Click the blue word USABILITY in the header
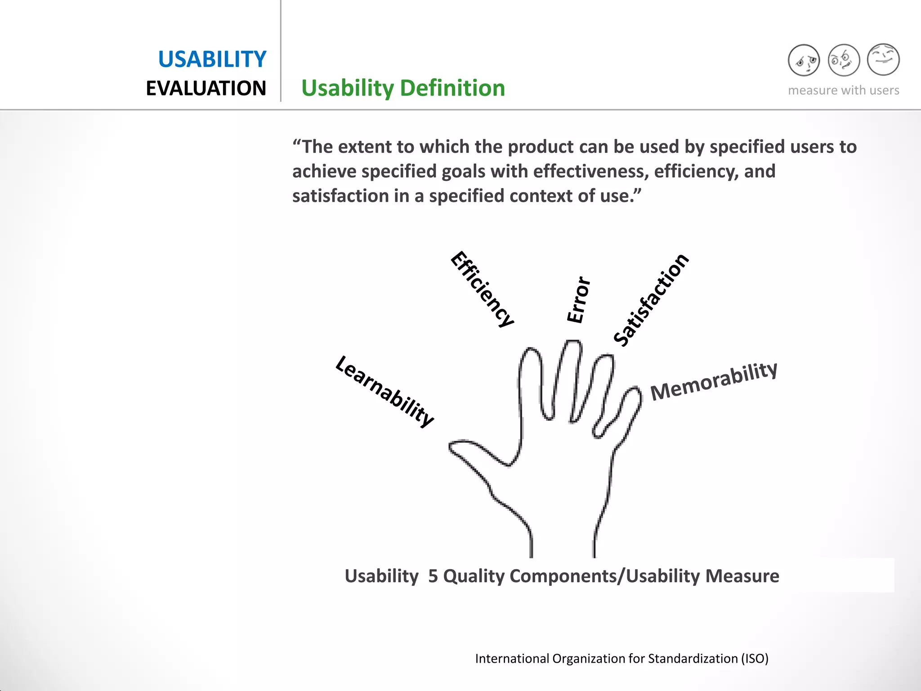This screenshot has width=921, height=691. pos(212,59)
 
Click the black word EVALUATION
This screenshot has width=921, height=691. pos(206,89)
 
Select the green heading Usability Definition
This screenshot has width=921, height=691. pos(403,88)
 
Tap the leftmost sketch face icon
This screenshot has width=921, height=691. pos(804,60)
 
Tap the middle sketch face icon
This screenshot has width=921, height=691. pos(844,60)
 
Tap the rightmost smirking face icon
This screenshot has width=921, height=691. pos(883,59)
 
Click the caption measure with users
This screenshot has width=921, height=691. pos(843,90)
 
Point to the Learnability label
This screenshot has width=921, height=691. pos(385,391)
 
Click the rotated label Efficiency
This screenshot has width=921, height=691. pos(482,289)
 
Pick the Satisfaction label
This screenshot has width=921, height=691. pos(651,300)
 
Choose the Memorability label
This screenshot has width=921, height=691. pos(714,381)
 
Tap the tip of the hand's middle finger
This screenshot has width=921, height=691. pos(572,346)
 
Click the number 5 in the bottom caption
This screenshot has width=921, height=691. pos(433,576)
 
